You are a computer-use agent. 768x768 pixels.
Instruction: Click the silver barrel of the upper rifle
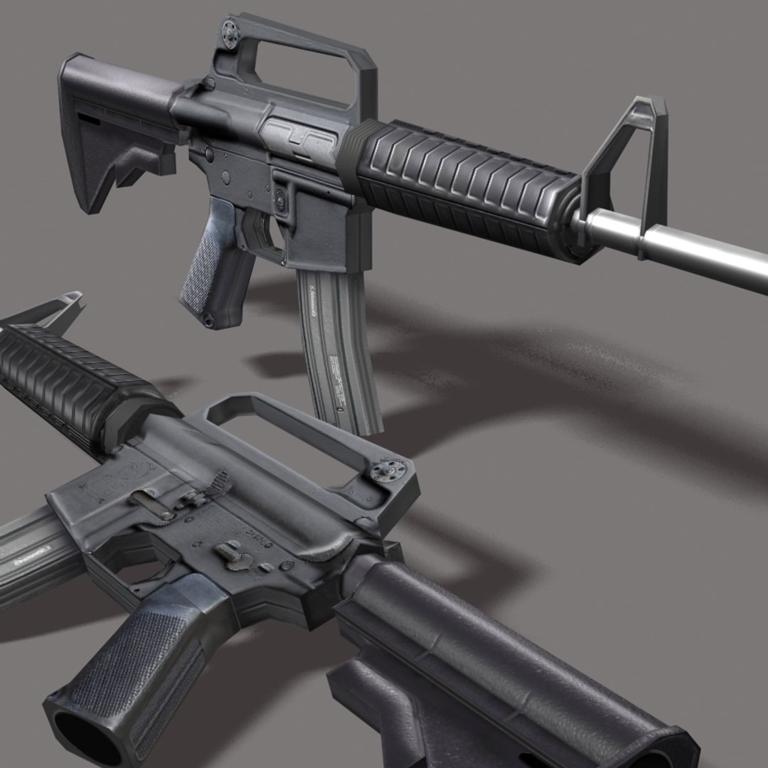click(697, 249)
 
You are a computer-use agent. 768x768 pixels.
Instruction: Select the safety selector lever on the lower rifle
click(229, 551)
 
